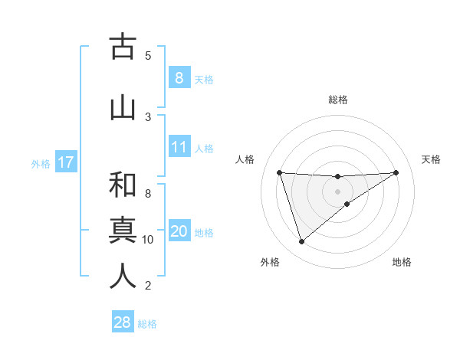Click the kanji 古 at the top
point(123,47)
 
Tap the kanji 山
point(123,106)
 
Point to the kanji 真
point(123,230)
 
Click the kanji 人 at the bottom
point(123,276)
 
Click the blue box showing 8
point(179,77)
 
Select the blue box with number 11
point(179,147)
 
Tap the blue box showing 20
point(179,231)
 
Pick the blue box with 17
point(65,162)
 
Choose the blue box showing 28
point(122,322)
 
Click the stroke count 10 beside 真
point(148,240)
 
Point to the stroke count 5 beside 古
point(148,55)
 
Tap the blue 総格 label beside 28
point(147,324)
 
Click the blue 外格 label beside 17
point(40,163)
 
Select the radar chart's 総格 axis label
point(338,100)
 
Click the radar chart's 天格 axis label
point(432,159)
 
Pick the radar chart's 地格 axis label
point(402,262)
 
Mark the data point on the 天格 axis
point(396,172)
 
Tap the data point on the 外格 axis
point(301,242)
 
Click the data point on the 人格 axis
point(279,172)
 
